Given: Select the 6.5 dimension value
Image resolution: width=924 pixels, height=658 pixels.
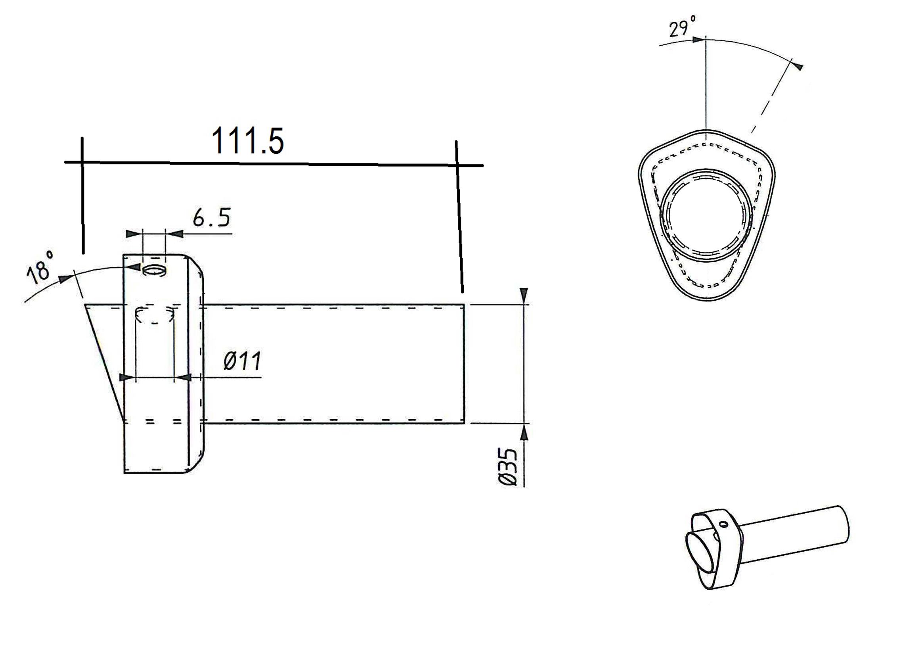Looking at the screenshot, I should (211, 218).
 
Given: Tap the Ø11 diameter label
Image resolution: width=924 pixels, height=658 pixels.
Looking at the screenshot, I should (242, 360).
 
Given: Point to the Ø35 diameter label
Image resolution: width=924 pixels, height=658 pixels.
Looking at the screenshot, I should (508, 466).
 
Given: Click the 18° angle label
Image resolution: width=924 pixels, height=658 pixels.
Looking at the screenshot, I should (40, 267).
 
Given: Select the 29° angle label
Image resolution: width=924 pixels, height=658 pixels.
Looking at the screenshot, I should (682, 27).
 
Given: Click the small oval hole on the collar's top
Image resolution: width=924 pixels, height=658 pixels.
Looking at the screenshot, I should (155, 270).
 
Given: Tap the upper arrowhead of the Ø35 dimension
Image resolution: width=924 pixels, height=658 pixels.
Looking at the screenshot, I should (524, 295).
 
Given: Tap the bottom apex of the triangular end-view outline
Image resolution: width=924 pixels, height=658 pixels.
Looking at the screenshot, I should (706, 300).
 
